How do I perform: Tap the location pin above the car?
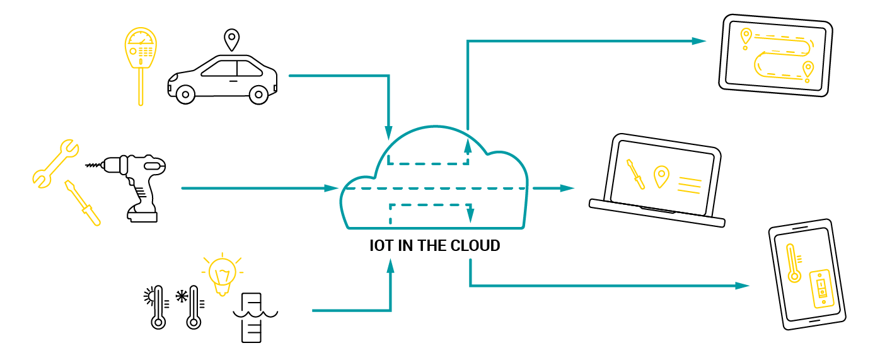click(232, 40)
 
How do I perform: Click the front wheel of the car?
click(258, 95)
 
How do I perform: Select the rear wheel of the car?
click(185, 95)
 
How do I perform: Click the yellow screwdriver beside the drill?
click(83, 202)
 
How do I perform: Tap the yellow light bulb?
click(221, 274)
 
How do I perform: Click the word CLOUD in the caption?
click(473, 246)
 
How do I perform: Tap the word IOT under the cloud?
click(381, 246)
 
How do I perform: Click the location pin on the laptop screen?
click(661, 177)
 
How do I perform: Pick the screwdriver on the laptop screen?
click(635, 174)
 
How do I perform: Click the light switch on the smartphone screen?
click(820, 288)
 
